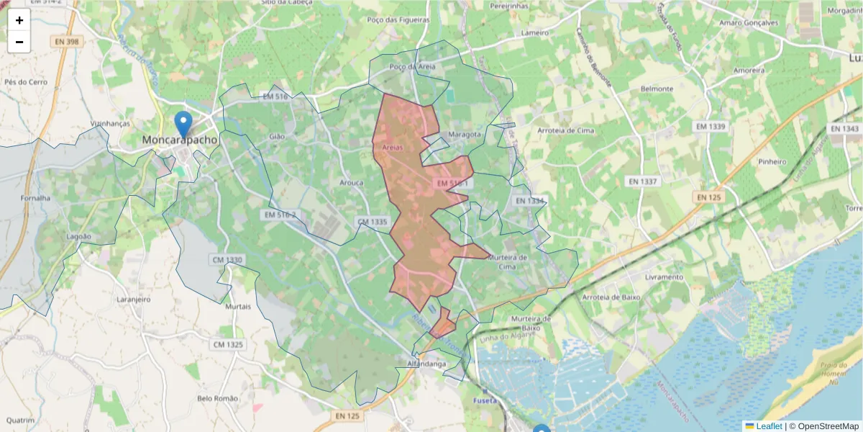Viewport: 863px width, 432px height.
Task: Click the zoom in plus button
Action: pyautogui.click(x=19, y=20)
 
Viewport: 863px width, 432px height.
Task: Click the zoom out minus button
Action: pyautogui.click(x=19, y=42)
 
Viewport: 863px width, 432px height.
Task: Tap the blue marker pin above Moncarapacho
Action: pyautogui.click(x=183, y=125)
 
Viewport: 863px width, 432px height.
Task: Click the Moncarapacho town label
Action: pyautogui.click(x=180, y=140)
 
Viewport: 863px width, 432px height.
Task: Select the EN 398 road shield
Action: pyautogui.click(x=67, y=42)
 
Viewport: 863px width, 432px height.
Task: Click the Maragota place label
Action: pyautogui.click(x=464, y=135)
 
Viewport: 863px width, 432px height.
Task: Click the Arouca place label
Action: pyautogui.click(x=351, y=183)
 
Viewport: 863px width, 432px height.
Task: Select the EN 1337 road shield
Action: pyautogui.click(x=641, y=181)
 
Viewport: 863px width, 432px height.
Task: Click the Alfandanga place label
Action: pyautogui.click(x=427, y=364)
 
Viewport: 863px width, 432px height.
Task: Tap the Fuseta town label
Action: pyautogui.click(x=485, y=400)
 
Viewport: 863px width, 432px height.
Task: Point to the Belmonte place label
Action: pyautogui.click(x=656, y=89)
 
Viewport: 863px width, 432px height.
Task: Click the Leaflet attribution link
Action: pyautogui.click(x=768, y=426)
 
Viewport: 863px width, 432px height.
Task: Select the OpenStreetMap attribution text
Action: pyautogui.click(x=828, y=426)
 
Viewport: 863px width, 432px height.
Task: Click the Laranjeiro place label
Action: pyautogui.click(x=133, y=298)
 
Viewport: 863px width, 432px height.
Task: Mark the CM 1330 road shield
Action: pyautogui.click(x=228, y=259)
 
